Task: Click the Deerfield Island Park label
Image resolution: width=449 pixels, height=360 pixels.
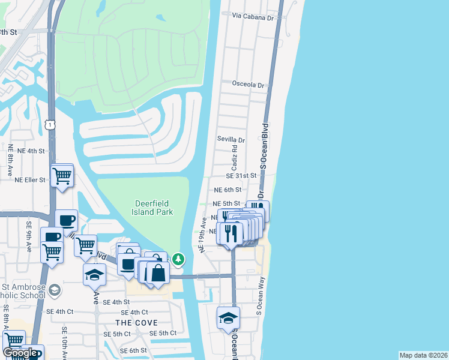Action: coord(153,207)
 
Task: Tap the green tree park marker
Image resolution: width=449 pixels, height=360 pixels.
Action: coord(178,259)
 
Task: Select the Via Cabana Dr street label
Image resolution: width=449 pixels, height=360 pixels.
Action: coord(253,19)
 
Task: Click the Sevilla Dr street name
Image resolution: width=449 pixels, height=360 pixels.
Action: coord(231,140)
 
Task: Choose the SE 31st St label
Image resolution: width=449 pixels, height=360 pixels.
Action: coord(241,176)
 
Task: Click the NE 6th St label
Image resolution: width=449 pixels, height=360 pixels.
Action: coord(228,190)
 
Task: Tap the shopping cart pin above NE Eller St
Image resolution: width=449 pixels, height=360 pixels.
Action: coord(62,176)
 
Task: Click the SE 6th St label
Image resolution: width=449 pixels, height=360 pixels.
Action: coord(133,350)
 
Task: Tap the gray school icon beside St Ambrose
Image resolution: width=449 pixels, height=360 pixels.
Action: coord(55,290)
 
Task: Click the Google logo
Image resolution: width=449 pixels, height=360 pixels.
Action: coord(20,353)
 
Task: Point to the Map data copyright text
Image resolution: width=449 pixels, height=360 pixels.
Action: coord(423,355)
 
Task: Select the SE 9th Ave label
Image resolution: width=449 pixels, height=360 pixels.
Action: coord(29,236)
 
